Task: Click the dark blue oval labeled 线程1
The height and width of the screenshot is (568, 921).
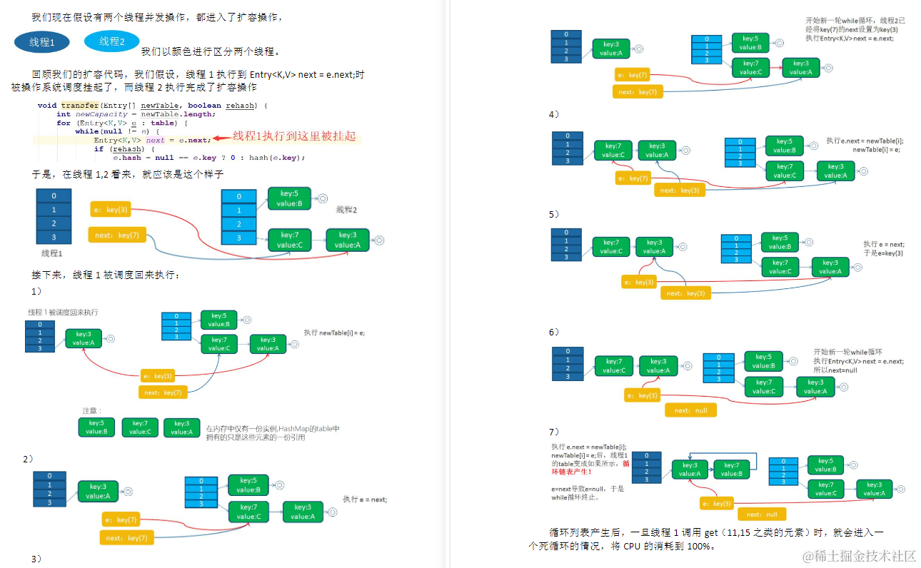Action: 42,42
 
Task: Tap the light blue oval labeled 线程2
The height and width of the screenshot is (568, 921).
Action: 112,41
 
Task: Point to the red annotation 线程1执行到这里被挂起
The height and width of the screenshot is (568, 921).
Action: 295,136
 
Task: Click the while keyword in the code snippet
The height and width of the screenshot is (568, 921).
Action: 86,131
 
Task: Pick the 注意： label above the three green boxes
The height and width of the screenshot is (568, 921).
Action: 92,410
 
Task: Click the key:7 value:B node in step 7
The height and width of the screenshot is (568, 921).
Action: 731,469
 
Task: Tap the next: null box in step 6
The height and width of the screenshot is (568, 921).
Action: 690,410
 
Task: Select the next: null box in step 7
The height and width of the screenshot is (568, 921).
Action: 762,514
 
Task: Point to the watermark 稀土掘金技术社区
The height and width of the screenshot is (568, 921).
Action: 860,556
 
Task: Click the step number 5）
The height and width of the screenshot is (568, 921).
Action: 554,214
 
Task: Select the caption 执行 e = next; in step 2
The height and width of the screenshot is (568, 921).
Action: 365,499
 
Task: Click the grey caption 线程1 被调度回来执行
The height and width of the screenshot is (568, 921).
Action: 64,312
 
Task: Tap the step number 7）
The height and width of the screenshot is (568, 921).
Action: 554,432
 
